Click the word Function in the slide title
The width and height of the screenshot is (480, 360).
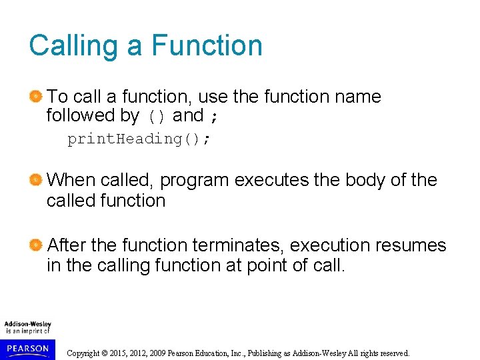click(207, 45)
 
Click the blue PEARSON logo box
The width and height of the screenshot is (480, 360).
click(27, 349)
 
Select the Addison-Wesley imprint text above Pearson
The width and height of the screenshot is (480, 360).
click(27, 327)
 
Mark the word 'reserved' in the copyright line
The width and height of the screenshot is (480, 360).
click(393, 353)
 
